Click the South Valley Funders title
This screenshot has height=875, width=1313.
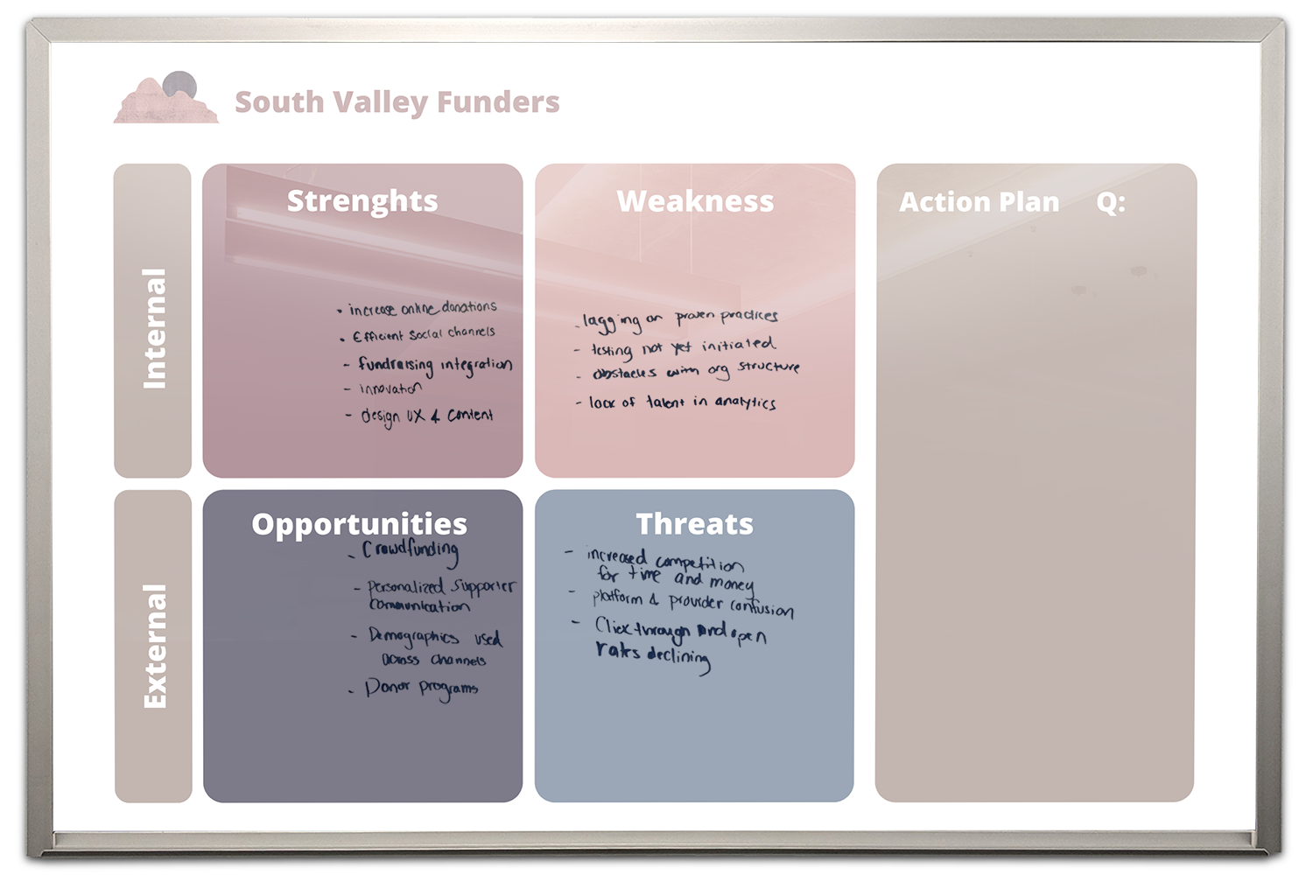tap(397, 102)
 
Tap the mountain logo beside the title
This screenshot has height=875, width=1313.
tap(166, 98)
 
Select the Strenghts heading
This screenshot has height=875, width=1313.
tap(362, 201)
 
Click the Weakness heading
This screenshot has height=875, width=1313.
tap(695, 201)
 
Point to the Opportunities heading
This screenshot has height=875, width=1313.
tap(359, 524)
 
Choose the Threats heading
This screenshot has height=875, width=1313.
tap(694, 524)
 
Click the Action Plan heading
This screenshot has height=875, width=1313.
tap(979, 202)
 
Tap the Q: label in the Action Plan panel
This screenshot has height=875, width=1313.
tap(1110, 202)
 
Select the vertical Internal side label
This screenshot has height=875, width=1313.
tap(153, 328)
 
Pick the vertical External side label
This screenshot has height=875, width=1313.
tap(154, 646)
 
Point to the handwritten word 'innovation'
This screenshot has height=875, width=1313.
tap(390, 388)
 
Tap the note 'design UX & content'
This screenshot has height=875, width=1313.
tap(427, 416)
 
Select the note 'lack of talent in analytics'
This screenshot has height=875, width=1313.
tap(681, 402)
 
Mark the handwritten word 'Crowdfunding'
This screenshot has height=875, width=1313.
tap(410, 551)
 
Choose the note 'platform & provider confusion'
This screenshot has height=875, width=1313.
tap(692, 602)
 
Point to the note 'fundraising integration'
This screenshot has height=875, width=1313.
tap(434, 365)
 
